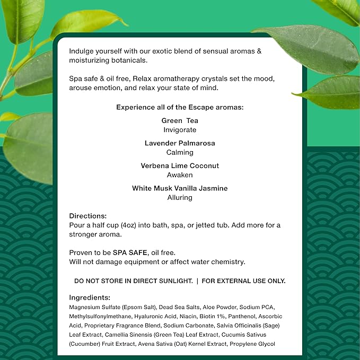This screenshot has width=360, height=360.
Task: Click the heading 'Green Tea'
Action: [180, 121]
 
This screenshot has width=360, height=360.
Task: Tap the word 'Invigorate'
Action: [180, 130]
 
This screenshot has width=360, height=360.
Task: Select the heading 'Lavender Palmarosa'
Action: [180, 143]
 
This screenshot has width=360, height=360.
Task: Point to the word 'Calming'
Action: [180, 152]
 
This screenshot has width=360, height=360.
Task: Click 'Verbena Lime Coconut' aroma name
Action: [180, 166]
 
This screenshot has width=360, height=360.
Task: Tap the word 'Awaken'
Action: [180, 175]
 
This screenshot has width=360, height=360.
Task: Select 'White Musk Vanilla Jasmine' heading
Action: [180, 188]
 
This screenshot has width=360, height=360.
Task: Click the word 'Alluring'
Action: [180, 198]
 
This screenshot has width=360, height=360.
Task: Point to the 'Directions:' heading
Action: [88, 216]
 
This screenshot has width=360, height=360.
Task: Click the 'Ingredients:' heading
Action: [90, 298]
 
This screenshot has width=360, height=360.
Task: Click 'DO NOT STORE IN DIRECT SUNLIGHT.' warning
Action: [134, 281]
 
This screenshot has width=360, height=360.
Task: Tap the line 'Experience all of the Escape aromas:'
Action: [180, 107]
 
